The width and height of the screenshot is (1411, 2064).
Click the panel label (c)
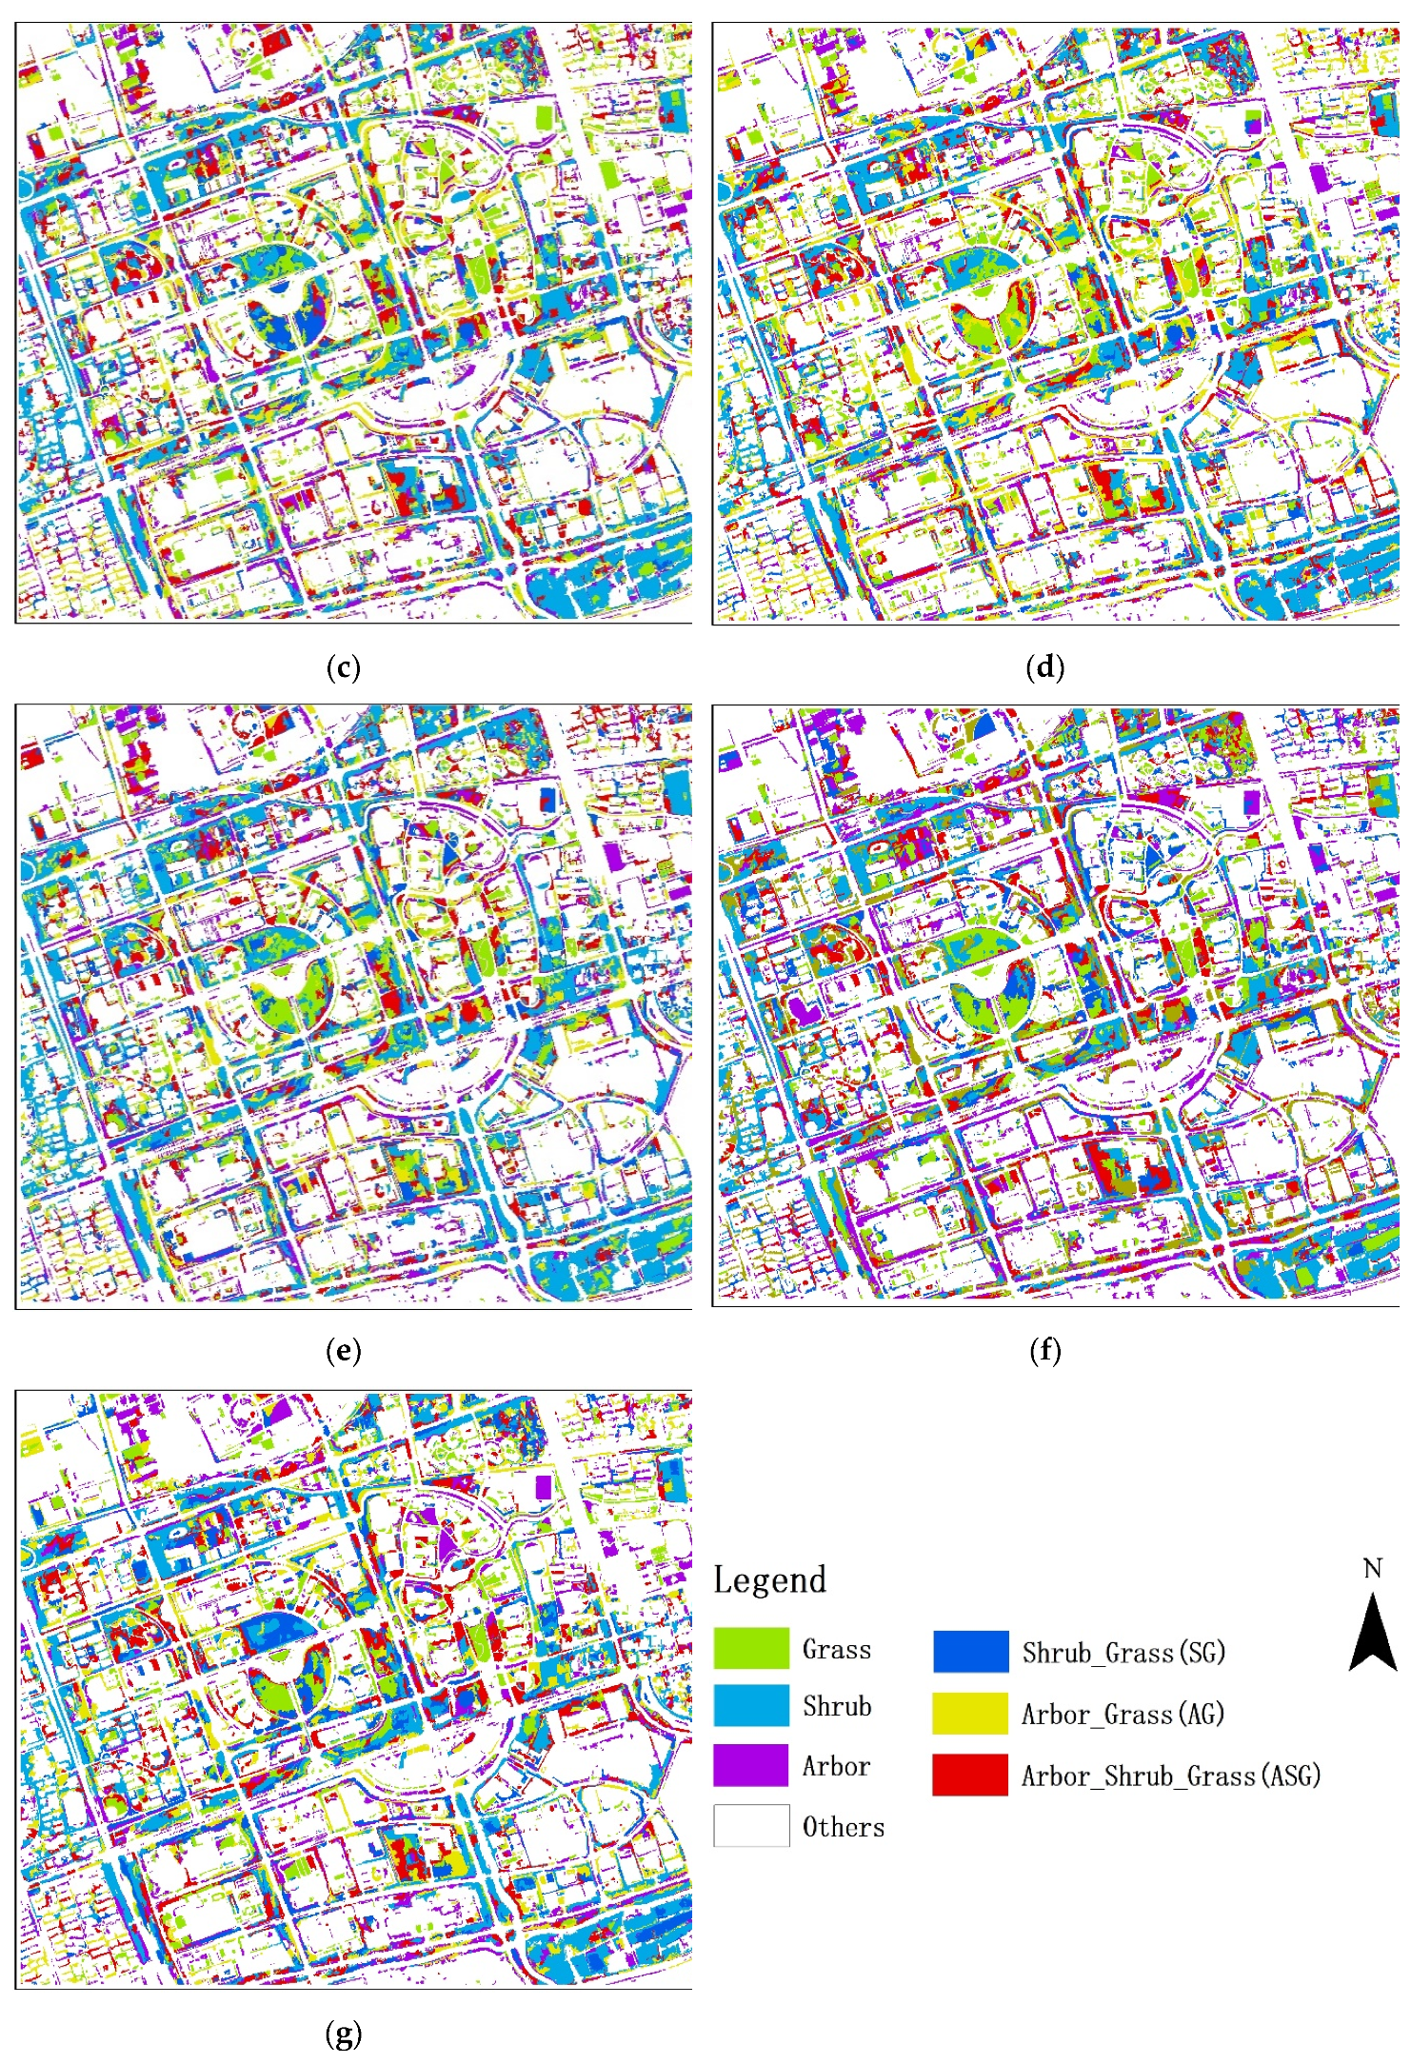(x=343, y=667)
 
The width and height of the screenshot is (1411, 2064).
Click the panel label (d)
(x=1044, y=667)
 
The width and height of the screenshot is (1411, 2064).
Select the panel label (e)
(x=343, y=1350)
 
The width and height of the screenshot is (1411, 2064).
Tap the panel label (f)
(x=1044, y=1350)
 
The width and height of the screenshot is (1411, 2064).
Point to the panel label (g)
(x=343, y=2034)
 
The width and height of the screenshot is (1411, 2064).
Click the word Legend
(x=769, y=1580)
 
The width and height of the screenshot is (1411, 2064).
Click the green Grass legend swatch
(x=751, y=1649)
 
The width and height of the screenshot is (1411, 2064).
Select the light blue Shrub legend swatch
(x=751, y=1706)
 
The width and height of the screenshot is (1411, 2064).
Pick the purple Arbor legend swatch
(x=751, y=1765)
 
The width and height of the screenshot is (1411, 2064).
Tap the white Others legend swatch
(x=751, y=1825)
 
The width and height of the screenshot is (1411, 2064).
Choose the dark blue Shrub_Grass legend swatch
(x=970, y=1652)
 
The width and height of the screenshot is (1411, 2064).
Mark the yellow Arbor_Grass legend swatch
(x=970, y=1714)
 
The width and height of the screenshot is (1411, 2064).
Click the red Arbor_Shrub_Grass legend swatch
(x=970, y=1776)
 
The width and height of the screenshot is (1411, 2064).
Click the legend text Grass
(x=836, y=1649)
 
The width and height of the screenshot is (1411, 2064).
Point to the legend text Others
(x=843, y=1827)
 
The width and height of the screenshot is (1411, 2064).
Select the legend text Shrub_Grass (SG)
(x=1123, y=1653)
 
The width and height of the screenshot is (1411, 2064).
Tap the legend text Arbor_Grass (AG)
(x=1123, y=1715)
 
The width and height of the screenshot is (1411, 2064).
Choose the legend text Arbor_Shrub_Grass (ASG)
(x=1171, y=1776)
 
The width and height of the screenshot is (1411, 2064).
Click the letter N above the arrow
(x=1372, y=1569)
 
